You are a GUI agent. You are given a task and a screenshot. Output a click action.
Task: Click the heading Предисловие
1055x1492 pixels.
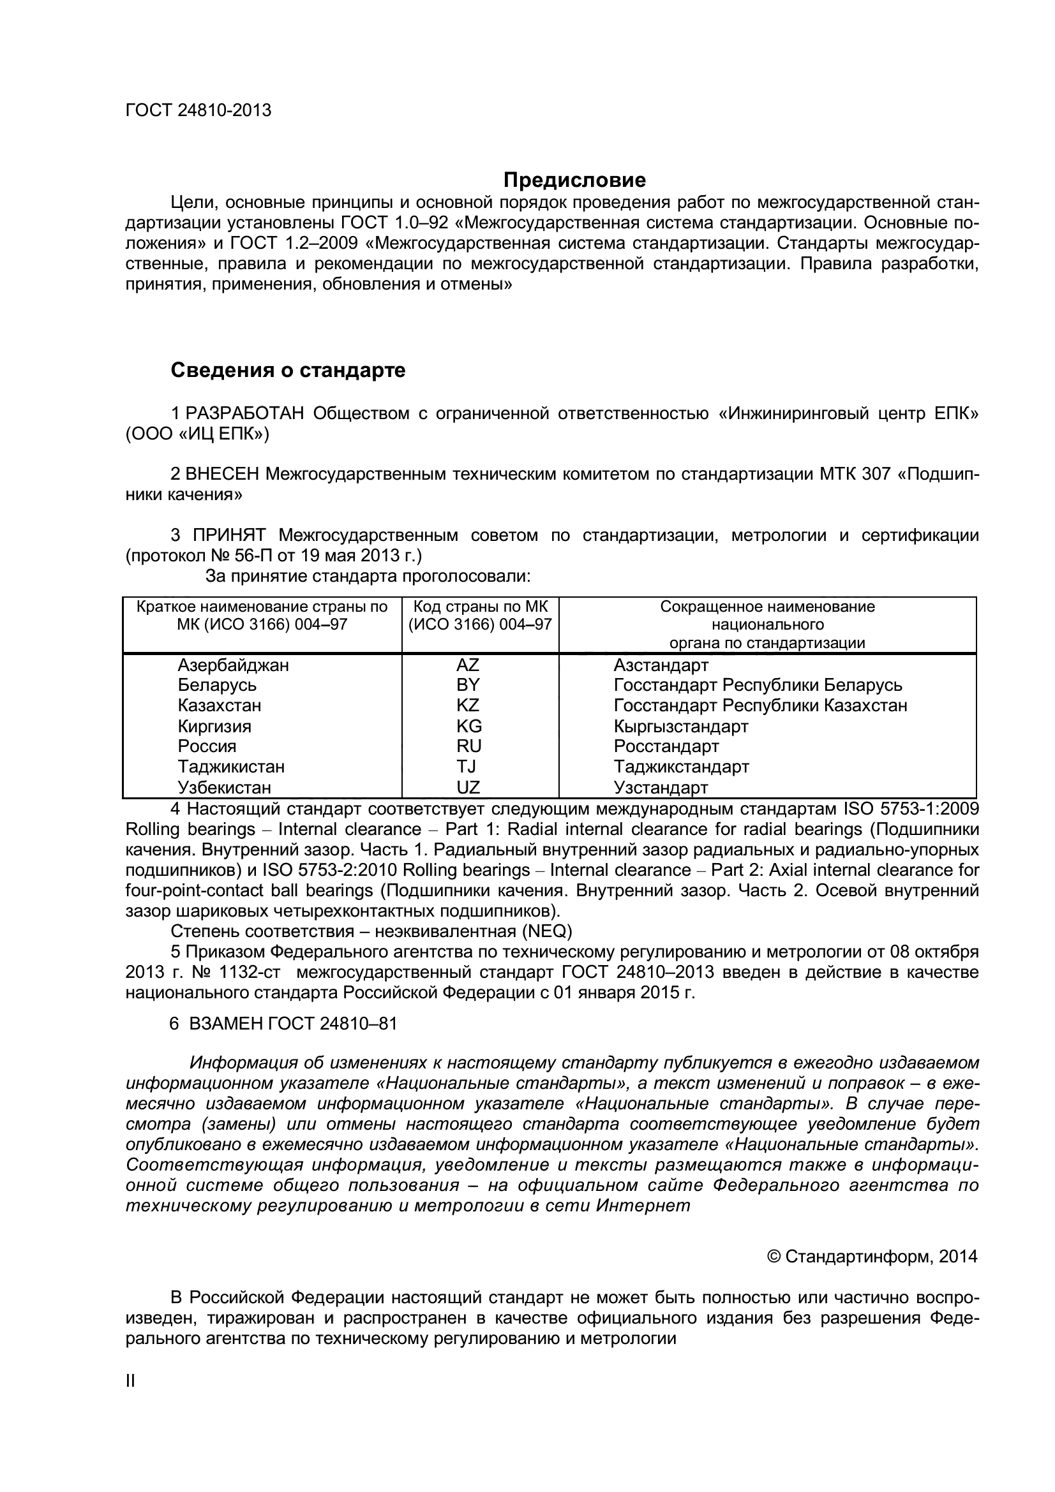point(575,179)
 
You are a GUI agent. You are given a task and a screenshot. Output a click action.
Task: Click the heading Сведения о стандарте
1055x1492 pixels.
point(288,371)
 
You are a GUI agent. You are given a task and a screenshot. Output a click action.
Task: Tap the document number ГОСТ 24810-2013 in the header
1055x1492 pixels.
point(198,110)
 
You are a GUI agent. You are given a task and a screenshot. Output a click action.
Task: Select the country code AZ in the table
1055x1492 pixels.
point(467,665)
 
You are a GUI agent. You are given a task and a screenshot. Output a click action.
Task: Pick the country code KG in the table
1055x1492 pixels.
point(468,726)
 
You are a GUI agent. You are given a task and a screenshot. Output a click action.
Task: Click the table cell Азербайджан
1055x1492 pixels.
point(234,665)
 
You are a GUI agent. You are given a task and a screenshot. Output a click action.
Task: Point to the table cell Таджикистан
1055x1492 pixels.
point(232,767)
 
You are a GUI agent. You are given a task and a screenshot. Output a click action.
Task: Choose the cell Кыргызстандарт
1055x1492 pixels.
point(680,726)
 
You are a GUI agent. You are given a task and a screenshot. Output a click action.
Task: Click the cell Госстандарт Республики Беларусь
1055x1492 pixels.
point(758,685)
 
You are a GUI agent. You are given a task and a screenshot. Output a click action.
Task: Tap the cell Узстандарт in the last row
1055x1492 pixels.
point(661,788)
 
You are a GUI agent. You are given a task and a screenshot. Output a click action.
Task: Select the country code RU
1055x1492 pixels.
point(468,746)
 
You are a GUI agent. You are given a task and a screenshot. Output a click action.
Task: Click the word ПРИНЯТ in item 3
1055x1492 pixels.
point(229,535)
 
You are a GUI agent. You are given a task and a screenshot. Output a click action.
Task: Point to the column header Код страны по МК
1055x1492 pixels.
point(481,607)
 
